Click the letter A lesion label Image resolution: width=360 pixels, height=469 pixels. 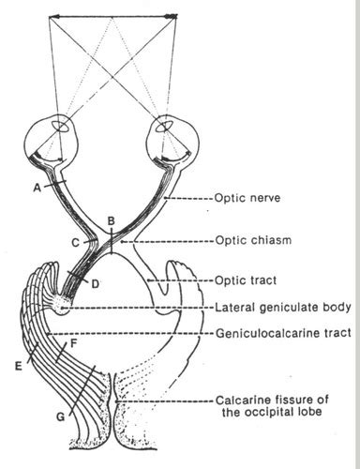[x=36, y=187]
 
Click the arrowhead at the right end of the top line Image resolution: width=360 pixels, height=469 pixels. [x=172, y=16]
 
